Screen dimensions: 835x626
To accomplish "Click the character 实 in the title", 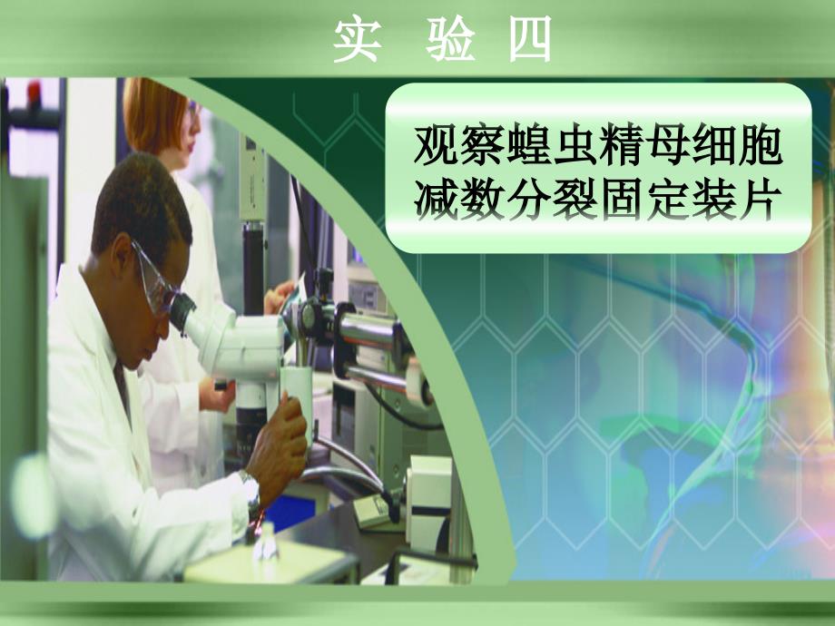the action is [x=358, y=39].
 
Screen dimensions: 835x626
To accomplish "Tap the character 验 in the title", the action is [x=450, y=39].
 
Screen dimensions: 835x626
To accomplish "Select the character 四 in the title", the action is [x=530, y=39].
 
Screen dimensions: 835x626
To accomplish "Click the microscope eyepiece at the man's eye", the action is [x=182, y=312].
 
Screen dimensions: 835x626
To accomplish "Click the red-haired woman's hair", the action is [x=152, y=114].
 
